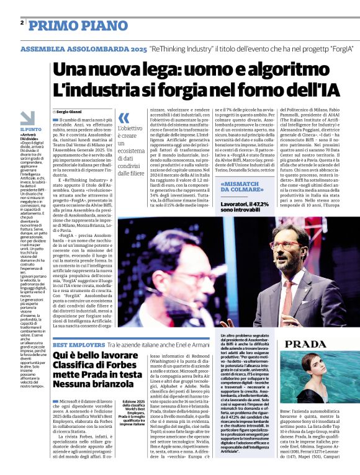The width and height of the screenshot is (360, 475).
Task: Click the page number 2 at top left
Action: [x=22, y=22]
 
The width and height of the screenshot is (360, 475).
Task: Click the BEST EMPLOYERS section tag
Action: [x=78, y=344]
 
